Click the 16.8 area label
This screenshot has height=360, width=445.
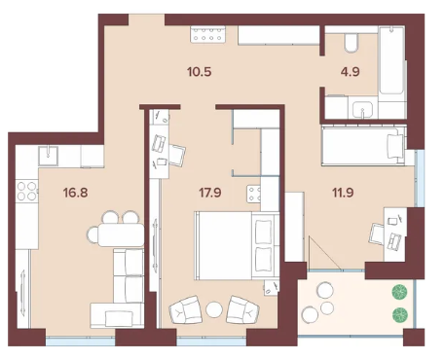(76, 193)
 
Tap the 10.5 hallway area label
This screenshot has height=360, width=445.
(200, 72)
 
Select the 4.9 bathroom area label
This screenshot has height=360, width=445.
(351, 72)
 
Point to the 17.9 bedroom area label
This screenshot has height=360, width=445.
(210, 193)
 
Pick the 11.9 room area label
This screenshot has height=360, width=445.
(343, 193)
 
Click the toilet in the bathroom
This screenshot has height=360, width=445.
(352, 44)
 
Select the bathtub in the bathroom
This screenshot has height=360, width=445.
(391, 60)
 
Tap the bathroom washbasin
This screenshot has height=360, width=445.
(363, 108)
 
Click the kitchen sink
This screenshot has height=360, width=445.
(49, 156)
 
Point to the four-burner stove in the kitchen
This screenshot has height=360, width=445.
(27, 191)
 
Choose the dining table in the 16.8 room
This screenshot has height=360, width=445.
(121, 234)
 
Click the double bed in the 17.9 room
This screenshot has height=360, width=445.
(237, 245)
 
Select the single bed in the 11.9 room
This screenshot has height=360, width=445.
(363, 146)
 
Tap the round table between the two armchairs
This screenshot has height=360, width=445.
(214, 309)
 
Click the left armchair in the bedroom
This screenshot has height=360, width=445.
(186, 309)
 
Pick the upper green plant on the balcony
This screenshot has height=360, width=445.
(400, 292)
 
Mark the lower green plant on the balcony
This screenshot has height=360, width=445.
(400, 315)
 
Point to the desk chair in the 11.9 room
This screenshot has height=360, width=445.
(377, 234)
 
